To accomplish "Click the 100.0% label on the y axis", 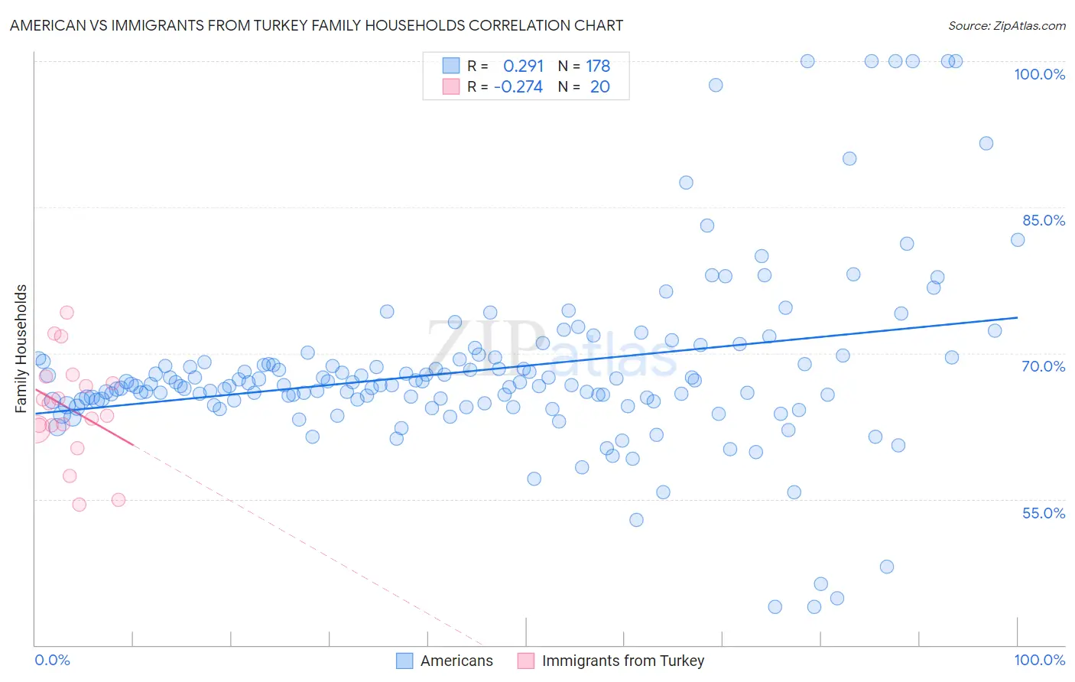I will tap(1039, 74).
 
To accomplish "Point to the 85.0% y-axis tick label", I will tap(1044, 220).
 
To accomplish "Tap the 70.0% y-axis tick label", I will tap(1044, 366).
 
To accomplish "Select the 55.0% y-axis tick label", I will tap(1044, 513).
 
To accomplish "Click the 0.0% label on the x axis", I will tap(52, 660).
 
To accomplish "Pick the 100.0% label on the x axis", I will tap(1039, 660).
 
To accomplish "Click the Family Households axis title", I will tap(21, 349).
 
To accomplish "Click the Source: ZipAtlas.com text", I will tap(1006, 25).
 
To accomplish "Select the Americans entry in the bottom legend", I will tap(456, 661).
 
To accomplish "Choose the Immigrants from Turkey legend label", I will tap(622, 661).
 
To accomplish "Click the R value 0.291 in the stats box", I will tap(523, 66).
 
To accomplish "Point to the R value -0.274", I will tap(518, 86).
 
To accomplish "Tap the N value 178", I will tap(598, 66).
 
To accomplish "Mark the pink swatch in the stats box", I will tap(451, 86).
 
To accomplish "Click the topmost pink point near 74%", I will tap(67, 312).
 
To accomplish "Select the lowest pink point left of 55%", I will tap(79, 505).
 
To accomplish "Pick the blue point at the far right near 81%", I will tap(1018, 240).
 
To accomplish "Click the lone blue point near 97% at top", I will tap(716, 85).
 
